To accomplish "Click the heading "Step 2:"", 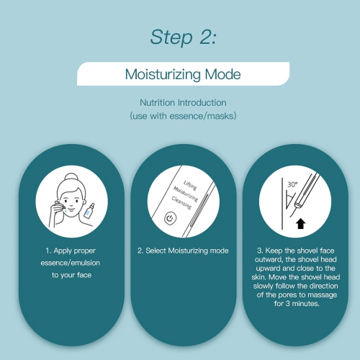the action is point(183,37).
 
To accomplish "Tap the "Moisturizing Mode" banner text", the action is point(183,74).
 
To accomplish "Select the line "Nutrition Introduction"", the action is point(183,103).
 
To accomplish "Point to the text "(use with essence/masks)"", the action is point(183,116).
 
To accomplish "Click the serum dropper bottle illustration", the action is point(89,211).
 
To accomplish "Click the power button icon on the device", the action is point(170,218).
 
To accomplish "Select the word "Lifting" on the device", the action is point(190,185).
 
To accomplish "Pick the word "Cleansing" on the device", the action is point(181,203).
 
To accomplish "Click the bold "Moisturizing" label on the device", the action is point(186,194).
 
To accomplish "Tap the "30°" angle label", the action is point(292,184).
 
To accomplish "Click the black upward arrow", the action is point(300,223).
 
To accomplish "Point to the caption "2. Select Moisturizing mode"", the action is point(183,251).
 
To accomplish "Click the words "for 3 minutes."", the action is point(297,304).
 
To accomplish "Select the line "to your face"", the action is point(71,275).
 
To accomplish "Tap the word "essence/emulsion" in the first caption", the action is point(71,263).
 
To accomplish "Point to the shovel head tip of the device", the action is point(298,205).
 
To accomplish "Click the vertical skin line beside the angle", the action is point(282,203).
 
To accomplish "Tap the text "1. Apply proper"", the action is point(71,251).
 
